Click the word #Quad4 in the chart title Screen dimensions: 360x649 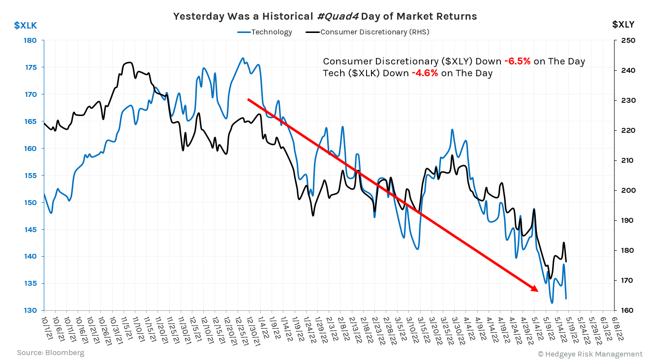[x=338, y=16]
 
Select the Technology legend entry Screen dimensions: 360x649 [x=271, y=32]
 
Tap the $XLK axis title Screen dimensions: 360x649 [x=25, y=25]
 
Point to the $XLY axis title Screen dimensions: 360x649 [x=623, y=24]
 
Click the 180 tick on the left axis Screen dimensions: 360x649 [x=31, y=40]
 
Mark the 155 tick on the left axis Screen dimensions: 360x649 [x=31, y=176]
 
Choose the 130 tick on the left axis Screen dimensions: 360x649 [x=31, y=310]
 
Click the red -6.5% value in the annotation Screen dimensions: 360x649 [x=517, y=61]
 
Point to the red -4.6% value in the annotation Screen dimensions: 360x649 [x=425, y=73]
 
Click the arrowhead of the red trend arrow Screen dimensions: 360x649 [x=534, y=289]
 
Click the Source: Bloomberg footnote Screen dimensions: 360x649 [x=51, y=353]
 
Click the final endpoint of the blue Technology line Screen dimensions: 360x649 [x=566, y=299]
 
